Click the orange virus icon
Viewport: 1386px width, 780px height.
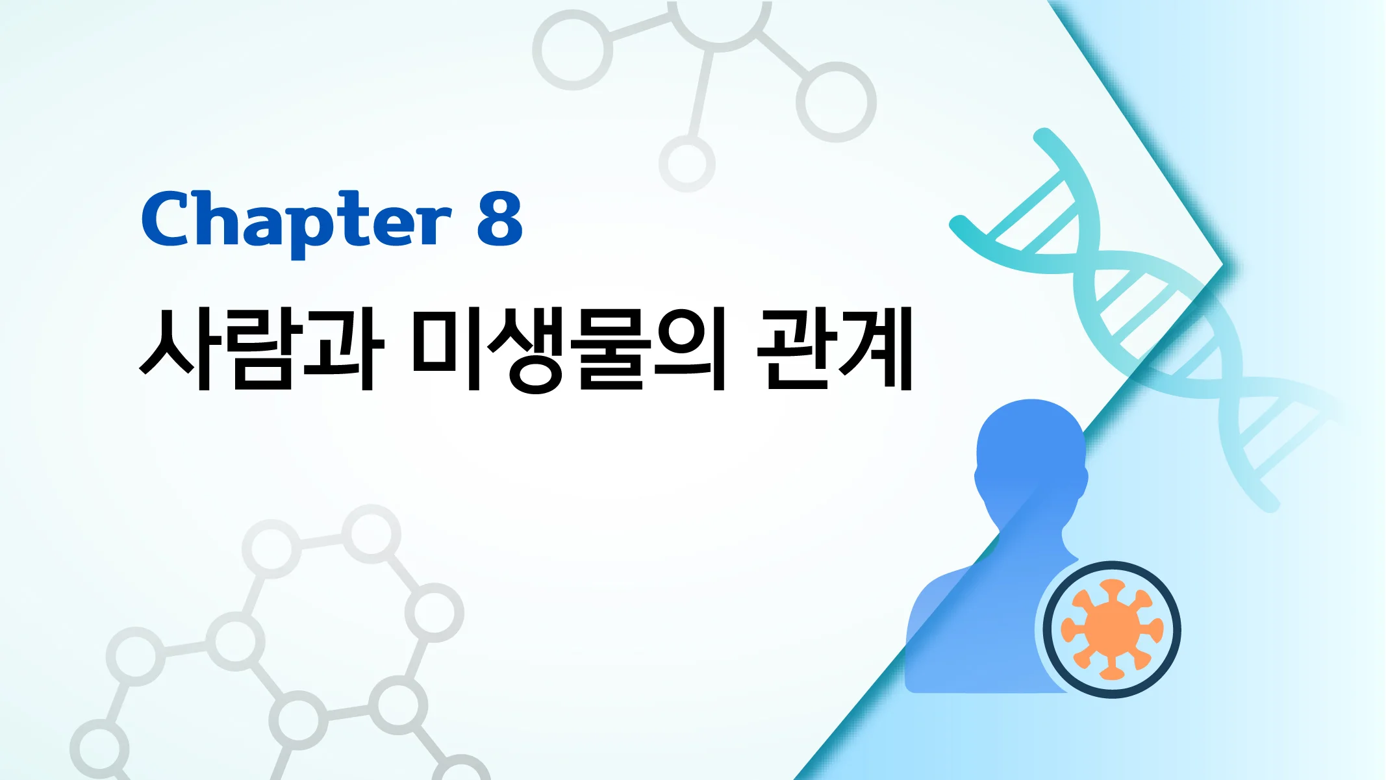[x=1111, y=629]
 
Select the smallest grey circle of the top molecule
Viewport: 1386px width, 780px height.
[x=687, y=164]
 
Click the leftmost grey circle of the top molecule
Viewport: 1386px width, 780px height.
[x=572, y=50]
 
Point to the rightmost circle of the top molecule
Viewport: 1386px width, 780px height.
[x=836, y=102]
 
